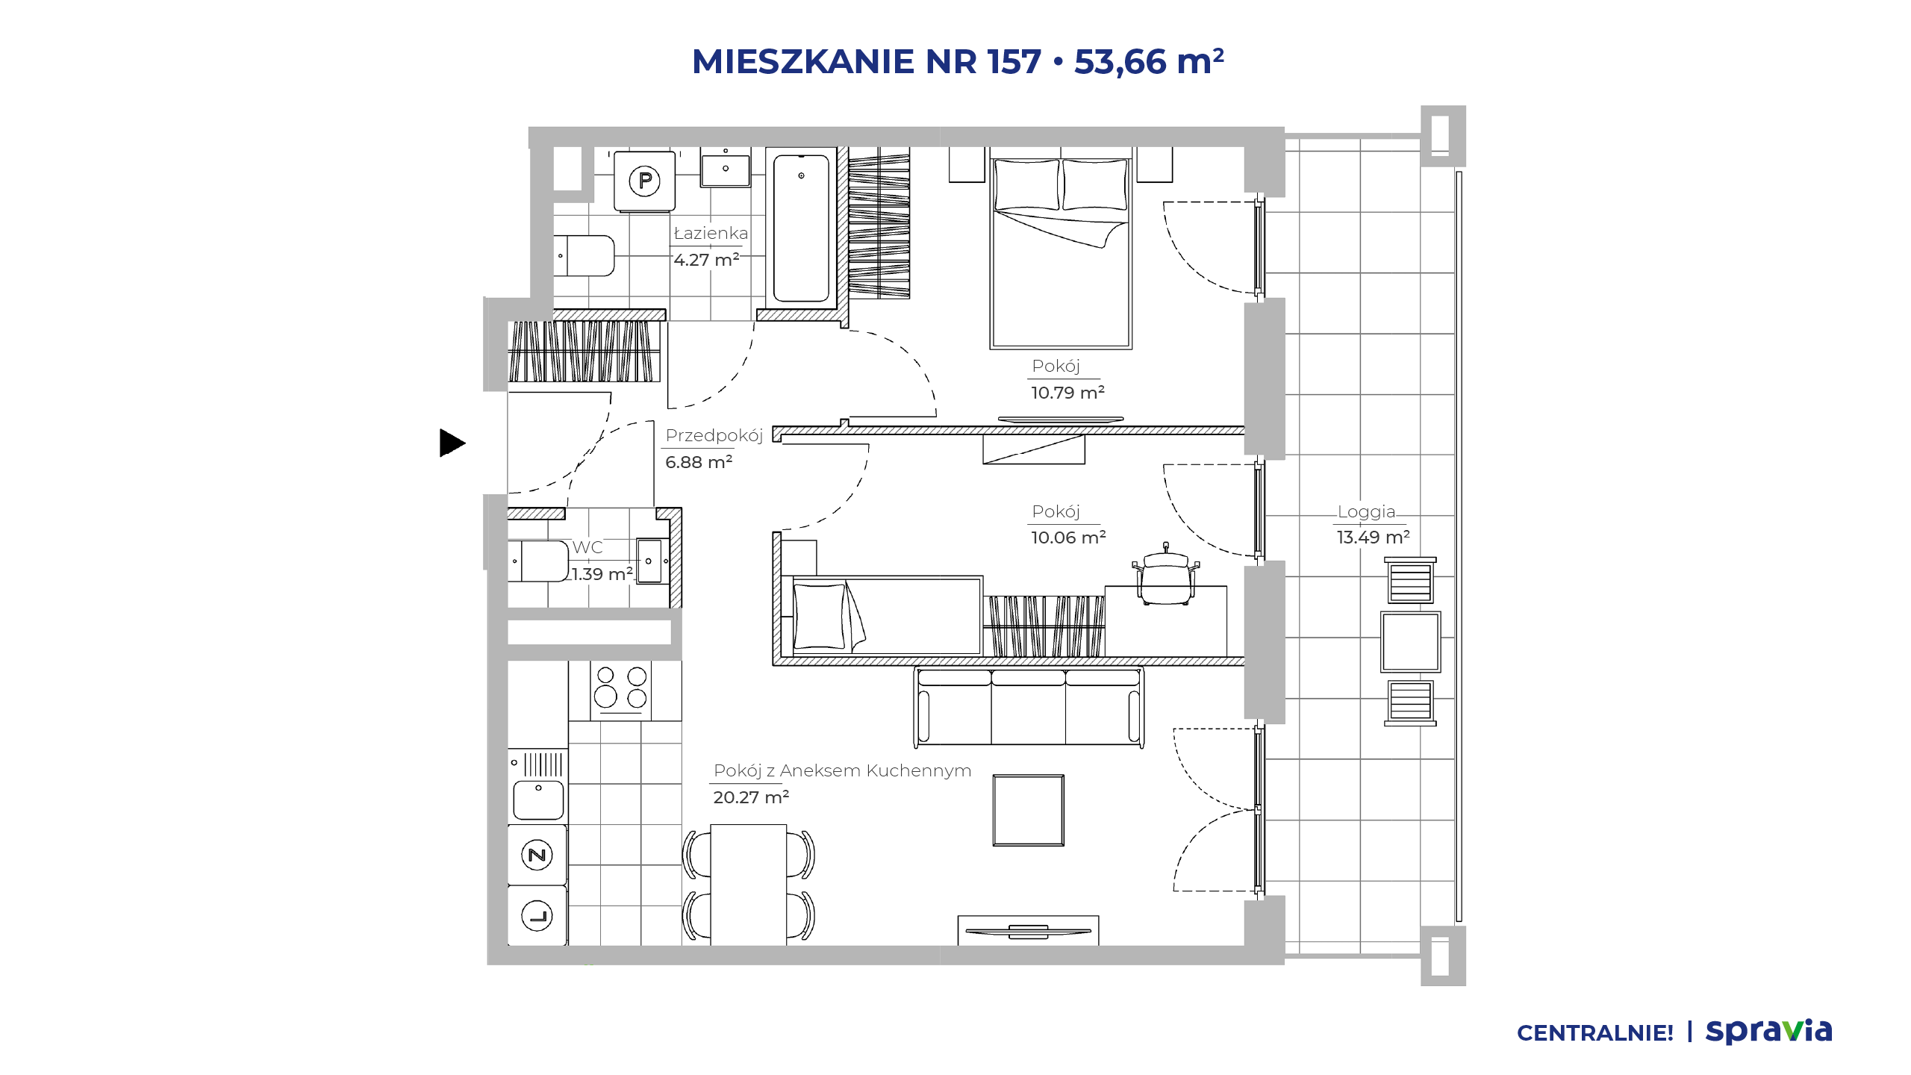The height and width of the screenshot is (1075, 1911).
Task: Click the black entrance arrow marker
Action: point(452,443)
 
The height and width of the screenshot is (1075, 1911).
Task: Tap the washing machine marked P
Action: point(644,181)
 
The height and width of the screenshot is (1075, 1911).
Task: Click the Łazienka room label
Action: point(711,233)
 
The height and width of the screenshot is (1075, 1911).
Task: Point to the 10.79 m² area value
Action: point(1067,392)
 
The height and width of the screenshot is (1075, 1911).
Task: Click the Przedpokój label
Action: point(714,435)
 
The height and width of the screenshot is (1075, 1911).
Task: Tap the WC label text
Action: point(587,547)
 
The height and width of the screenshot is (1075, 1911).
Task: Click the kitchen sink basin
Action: point(538,800)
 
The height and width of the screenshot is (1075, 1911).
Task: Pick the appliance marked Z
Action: point(537,855)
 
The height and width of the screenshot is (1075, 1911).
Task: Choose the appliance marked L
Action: point(537,915)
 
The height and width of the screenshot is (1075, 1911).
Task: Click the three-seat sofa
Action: point(1029,707)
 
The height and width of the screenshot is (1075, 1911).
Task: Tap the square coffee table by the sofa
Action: point(1028,810)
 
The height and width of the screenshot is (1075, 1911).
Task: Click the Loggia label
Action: point(1366,511)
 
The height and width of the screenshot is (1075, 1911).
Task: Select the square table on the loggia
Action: point(1410,642)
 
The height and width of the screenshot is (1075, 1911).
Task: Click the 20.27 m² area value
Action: point(751,797)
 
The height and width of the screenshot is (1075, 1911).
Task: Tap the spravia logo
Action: point(1768,1031)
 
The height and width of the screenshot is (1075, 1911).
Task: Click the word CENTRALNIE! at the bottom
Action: point(1594,1033)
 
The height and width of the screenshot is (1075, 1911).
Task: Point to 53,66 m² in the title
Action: point(1149,61)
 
